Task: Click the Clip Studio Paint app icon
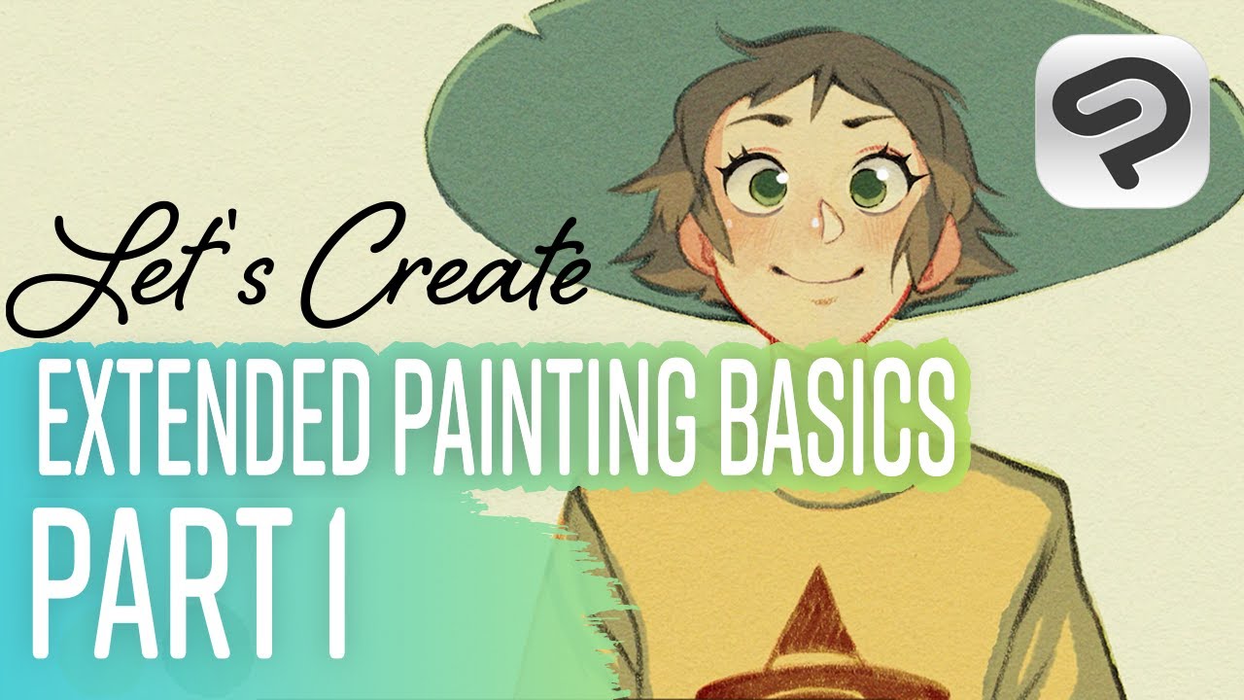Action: click(x=1121, y=121)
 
